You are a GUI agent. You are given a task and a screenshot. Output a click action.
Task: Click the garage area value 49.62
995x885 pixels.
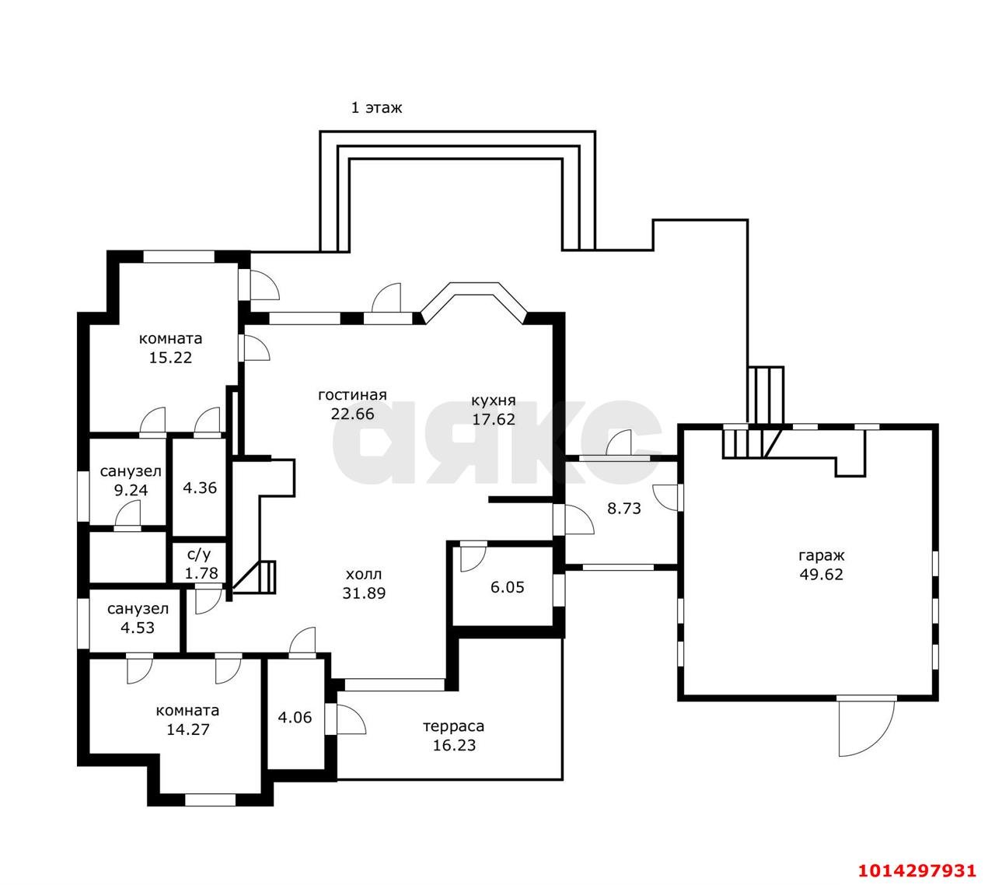821,574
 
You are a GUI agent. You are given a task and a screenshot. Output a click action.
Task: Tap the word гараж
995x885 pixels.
821,556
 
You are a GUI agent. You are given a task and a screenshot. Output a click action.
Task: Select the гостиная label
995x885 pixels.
352,394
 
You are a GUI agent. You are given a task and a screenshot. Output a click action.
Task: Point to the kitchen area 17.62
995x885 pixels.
494,419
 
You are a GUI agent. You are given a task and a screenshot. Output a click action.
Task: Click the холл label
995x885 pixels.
364,574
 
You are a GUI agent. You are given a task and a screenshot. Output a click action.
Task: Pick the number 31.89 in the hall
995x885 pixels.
364,593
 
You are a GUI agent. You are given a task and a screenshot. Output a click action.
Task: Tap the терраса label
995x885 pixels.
453,726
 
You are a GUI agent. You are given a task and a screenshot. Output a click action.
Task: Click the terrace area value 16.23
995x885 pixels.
454,745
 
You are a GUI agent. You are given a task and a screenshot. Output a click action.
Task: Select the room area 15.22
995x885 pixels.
170,357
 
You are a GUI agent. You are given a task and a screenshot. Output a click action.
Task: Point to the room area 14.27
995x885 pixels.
187,729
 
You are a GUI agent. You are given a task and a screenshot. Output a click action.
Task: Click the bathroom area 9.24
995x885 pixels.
131,490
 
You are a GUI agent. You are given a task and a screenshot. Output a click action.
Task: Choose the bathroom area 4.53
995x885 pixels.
138,628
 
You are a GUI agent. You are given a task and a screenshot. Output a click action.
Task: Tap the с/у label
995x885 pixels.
199,554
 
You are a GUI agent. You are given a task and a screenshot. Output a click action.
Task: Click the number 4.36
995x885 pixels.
200,488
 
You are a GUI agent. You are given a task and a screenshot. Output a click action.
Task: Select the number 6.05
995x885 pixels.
508,586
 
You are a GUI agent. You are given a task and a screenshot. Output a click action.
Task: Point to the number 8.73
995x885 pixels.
623,508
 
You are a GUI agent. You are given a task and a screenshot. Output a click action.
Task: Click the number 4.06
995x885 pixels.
295,718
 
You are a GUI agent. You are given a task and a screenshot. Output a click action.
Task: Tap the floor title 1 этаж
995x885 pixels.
376,107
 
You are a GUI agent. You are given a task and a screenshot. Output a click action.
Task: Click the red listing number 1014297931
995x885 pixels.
917,857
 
